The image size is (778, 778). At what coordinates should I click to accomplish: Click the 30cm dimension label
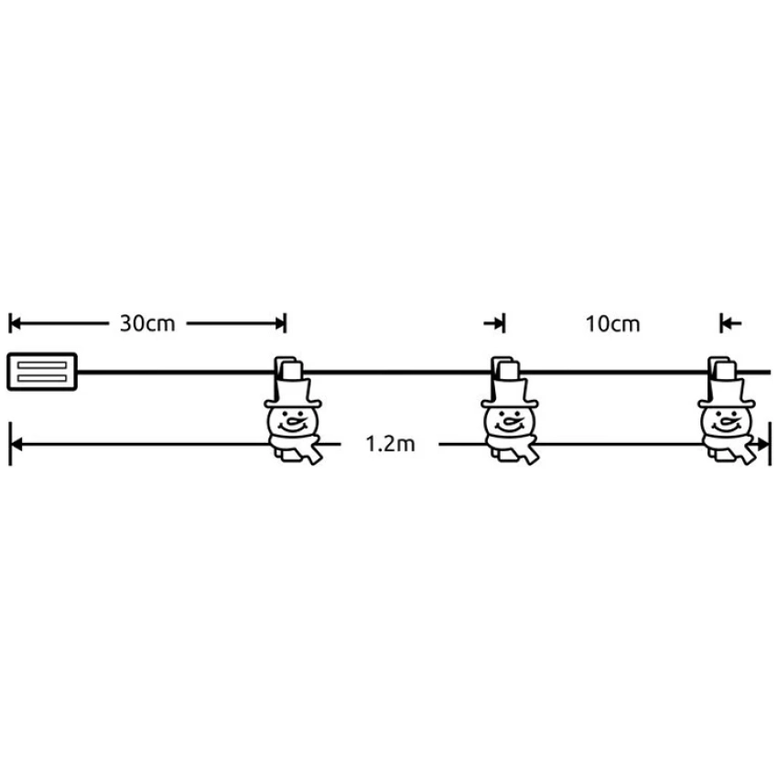[147, 323]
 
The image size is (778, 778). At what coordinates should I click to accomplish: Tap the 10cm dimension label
[612, 324]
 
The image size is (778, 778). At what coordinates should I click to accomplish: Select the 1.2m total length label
[390, 444]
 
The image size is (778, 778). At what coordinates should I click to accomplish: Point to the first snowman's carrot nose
[297, 423]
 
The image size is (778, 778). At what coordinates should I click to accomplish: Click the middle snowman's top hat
[510, 393]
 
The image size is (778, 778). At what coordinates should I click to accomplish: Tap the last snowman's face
[727, 422]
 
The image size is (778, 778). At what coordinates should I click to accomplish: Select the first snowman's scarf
[297, 449]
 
